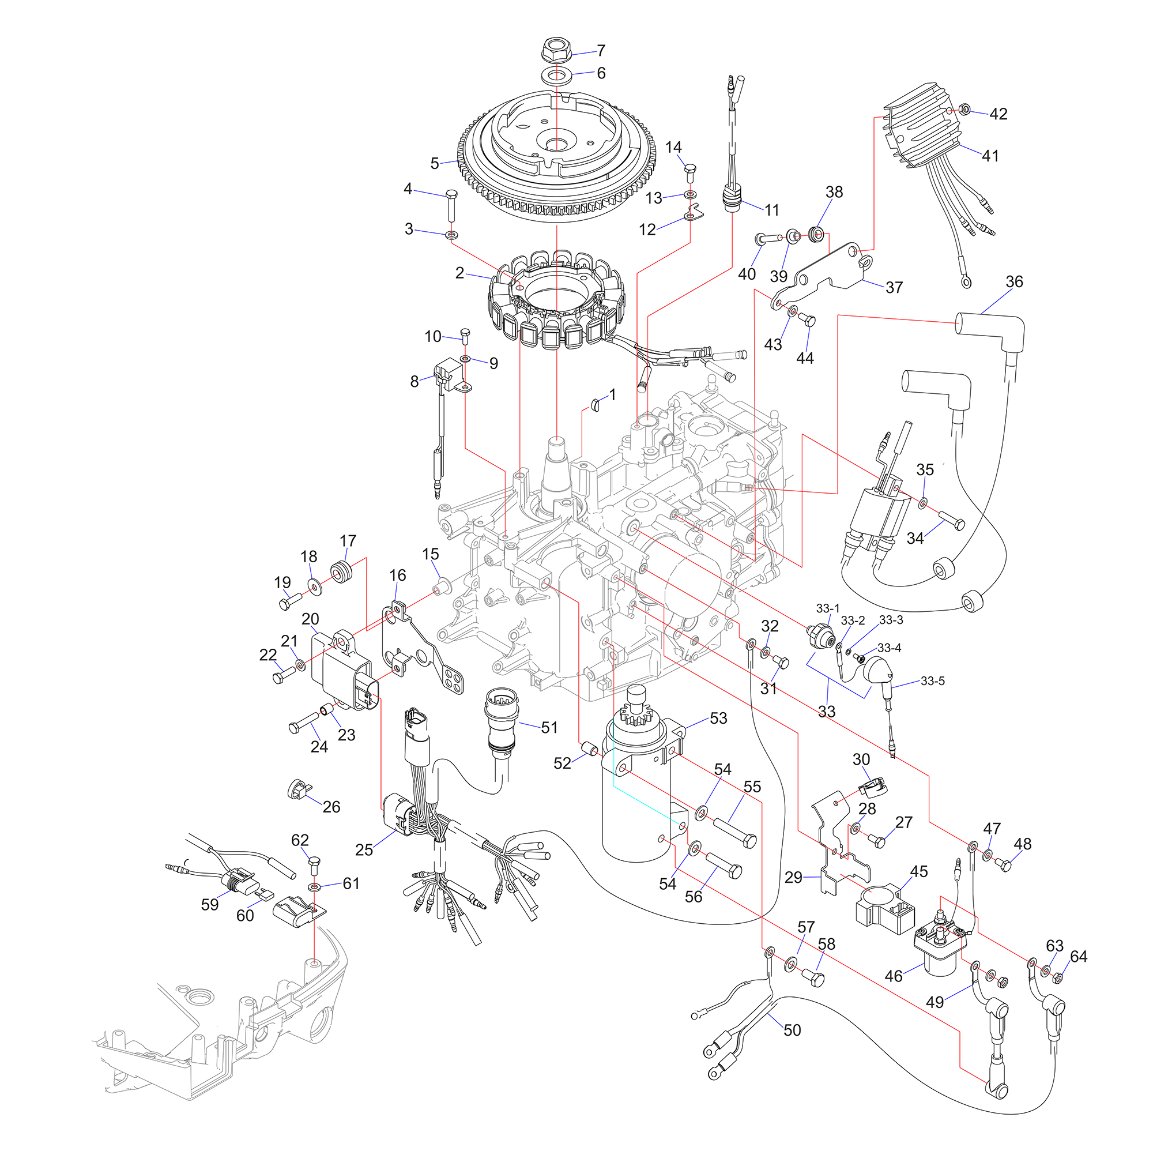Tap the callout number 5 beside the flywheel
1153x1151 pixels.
pos(435,163)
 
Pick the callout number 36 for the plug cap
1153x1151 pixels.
pos(1014,282)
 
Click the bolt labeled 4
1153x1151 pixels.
pos(452,206)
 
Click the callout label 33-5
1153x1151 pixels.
pos(932,680)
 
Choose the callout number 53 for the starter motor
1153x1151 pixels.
pos(718,718)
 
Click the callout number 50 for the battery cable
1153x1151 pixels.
pos(792,1030)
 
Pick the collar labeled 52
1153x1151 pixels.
pos(590,748)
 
